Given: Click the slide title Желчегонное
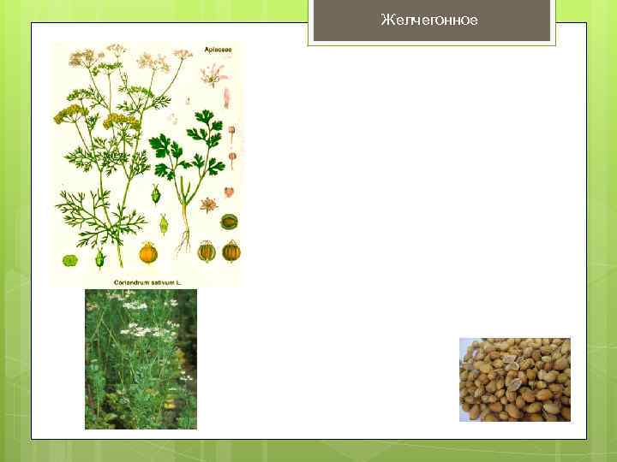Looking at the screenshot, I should (428, 20).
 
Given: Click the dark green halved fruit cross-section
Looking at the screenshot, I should (229, 222).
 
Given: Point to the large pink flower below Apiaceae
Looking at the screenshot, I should (211, 74).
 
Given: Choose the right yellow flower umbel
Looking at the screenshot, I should (120, 120).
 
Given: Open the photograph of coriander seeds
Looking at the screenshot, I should (514, 379).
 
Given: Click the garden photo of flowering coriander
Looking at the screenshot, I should (141, 358).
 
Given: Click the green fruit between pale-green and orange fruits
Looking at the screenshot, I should (99, 257).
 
